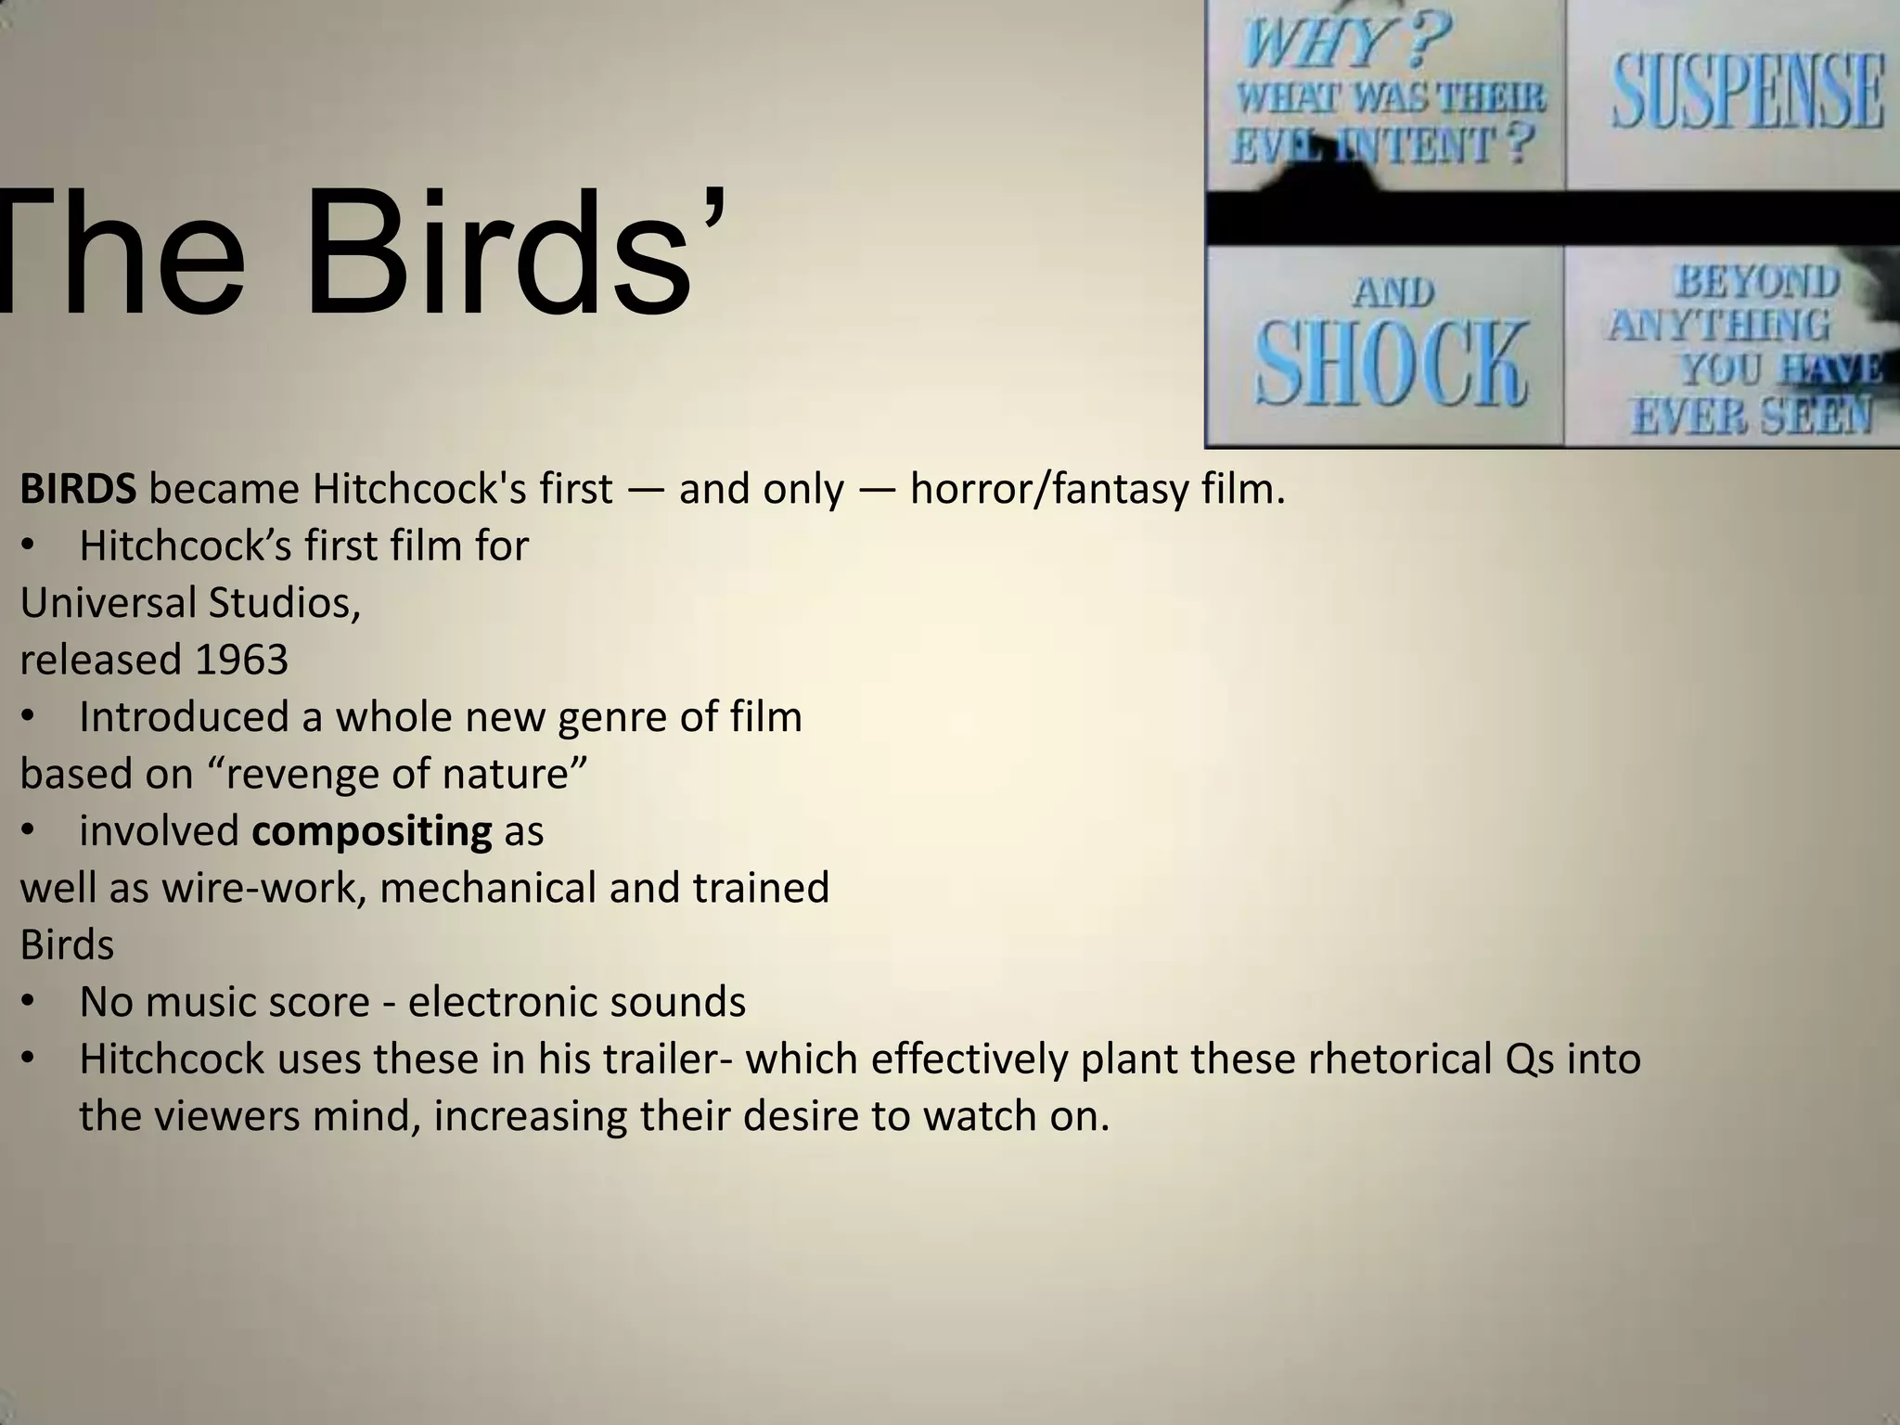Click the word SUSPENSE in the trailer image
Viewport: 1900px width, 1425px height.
(x=1748, y=91)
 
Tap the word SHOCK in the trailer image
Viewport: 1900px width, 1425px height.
(x=1389, y=364)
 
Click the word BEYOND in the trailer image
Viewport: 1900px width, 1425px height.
(x=1756, y=281)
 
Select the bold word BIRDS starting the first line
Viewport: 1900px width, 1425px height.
(x=78, y=490)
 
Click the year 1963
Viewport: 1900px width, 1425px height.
(x=242, y=661)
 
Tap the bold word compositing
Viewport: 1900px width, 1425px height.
(x=371, y=831)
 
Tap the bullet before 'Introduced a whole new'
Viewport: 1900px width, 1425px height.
(x=28, y=718)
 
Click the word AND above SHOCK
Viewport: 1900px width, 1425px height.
(x=1393, y=293)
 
